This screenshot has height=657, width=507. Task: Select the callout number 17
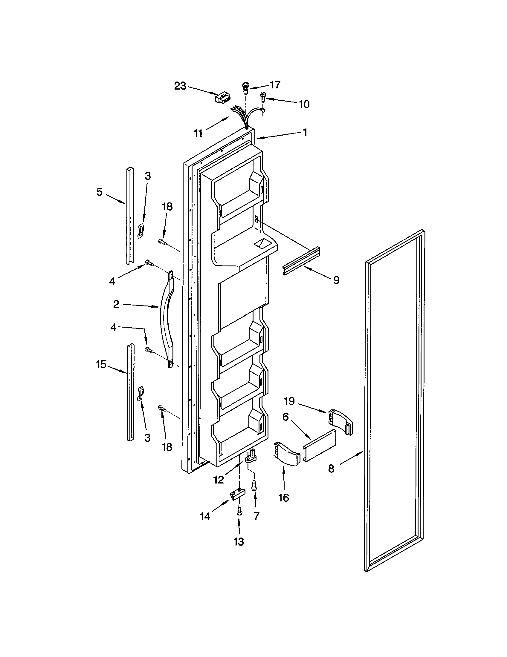tap(274, 85)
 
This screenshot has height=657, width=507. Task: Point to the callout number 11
tap(198, 133)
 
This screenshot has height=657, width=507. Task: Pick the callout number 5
tap(99, 192)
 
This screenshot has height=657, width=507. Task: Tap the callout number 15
tap(101, 364)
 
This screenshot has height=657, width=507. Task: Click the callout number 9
tap(336, 280)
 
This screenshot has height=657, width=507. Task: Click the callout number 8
tap(331, 468)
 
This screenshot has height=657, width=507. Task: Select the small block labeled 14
tap(238, 494)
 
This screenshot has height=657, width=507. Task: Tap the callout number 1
tap(305, 132)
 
